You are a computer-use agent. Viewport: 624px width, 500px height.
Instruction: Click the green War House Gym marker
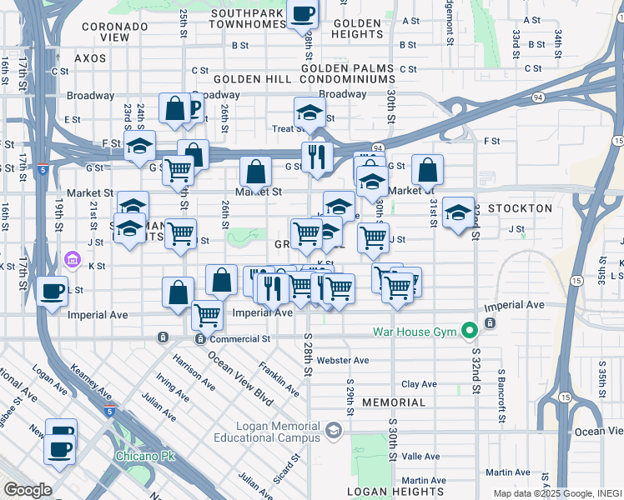tap(470, 332)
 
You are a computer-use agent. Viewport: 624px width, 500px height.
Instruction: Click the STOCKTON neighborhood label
tap(521, 208)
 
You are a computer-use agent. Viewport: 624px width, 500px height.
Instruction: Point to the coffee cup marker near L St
tap(53, 292)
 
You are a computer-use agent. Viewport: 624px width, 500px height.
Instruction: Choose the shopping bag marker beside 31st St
tap(428, 170)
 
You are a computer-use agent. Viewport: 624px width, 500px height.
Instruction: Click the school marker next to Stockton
tap(458, 212)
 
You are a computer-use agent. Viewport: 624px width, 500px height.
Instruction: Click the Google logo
tap(27, 490)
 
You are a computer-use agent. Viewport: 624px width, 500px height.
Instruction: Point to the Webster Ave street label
tap(343, 360)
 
